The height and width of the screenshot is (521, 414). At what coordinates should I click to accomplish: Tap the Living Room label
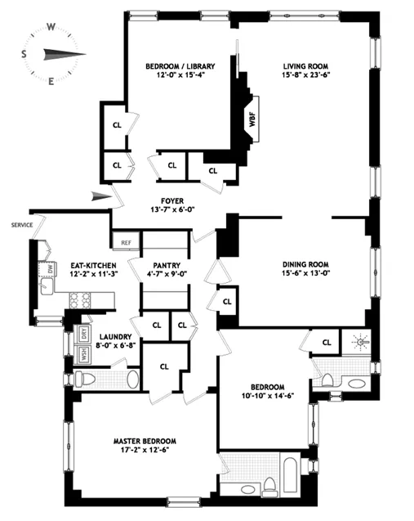point(305,65)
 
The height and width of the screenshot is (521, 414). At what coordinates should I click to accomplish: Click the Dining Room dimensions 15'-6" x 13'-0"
point(305,273)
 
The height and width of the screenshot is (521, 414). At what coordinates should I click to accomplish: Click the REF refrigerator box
point(126,242)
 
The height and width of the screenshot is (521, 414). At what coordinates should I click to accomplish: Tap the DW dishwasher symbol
point(50,267)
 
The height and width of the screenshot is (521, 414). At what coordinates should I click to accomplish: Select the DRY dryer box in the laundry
point(82,333)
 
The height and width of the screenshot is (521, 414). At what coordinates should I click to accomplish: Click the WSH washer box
point(82,354)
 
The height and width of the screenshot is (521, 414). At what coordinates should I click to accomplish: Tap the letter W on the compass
point(51,26)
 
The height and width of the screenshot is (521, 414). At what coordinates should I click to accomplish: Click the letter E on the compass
point(51,81)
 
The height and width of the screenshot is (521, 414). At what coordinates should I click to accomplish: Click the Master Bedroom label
point(145,441)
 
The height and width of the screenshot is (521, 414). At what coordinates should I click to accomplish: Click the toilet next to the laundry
point(84,378)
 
